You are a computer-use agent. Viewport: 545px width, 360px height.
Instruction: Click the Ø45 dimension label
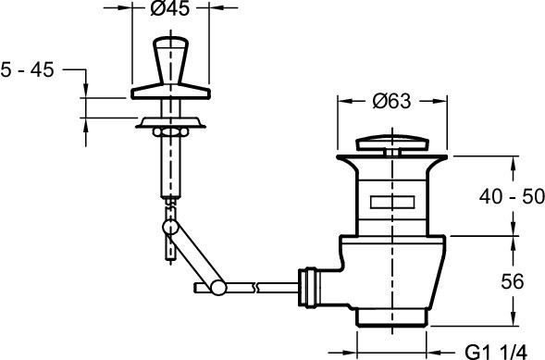(170, 8)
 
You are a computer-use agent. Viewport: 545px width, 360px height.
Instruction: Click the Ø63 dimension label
(391, 101)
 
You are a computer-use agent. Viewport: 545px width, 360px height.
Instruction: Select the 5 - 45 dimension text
(27, 69)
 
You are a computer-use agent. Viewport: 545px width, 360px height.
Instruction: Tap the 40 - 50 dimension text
(512, 196)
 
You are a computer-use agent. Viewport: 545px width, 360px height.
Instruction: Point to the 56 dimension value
(512, 281)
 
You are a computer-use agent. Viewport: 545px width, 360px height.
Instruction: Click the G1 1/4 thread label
(496, 352)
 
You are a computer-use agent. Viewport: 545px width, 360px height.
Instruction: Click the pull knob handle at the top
(170, 60)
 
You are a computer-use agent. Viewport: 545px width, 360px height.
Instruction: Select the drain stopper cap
(392, 143)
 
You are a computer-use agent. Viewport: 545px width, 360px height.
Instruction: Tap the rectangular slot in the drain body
(392, 203)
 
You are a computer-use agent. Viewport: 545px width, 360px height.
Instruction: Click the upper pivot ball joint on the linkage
(170, 227)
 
